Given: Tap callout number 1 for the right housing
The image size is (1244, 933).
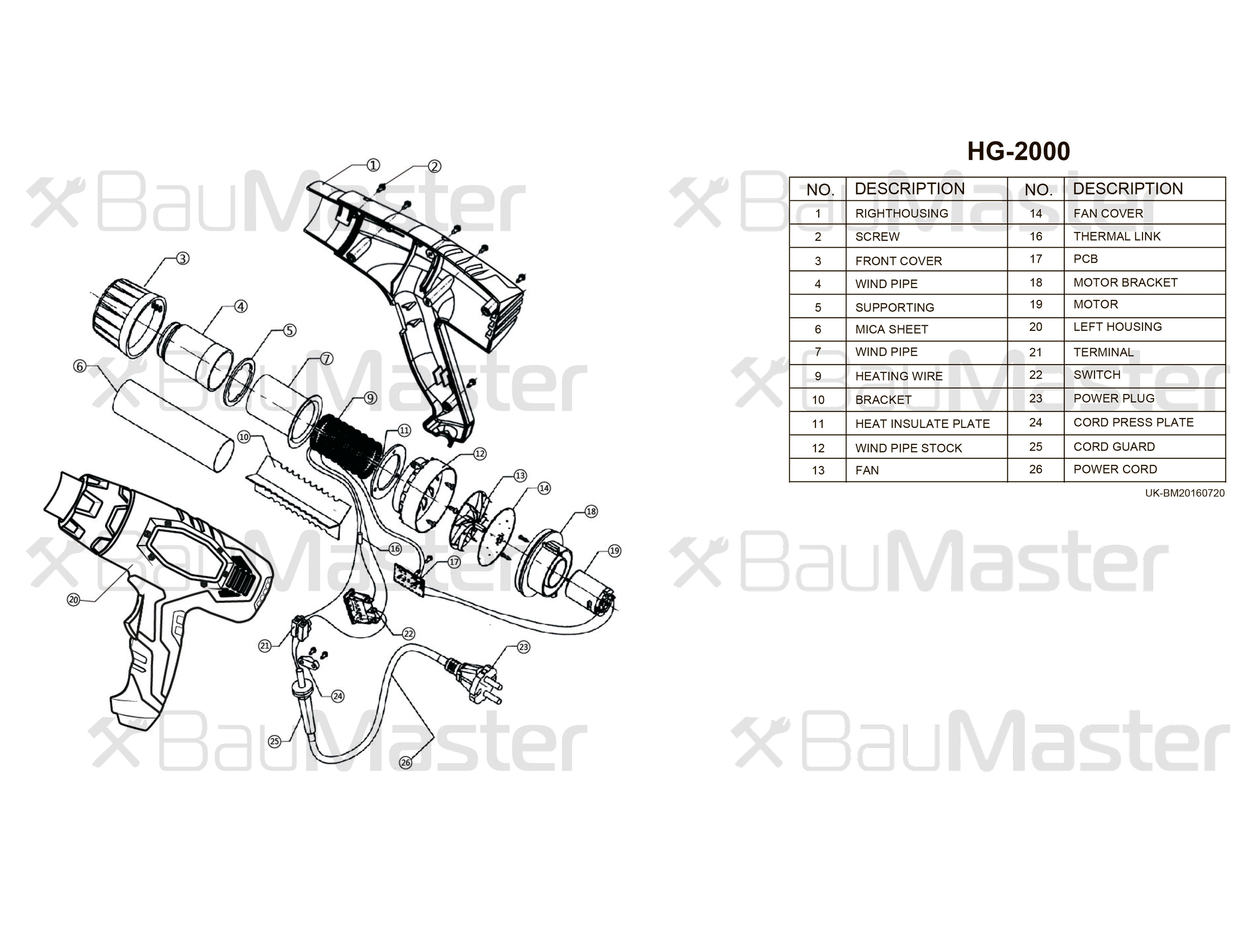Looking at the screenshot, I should pos(373,165).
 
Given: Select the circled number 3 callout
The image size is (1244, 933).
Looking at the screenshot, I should pos(183,259).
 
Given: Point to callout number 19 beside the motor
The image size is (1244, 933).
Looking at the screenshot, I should pos(614,551).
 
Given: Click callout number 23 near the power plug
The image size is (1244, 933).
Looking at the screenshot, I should pos(523,647).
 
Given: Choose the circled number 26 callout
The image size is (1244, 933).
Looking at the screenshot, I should pos(406,763).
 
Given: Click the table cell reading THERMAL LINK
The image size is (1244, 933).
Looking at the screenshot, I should pos(1116,237).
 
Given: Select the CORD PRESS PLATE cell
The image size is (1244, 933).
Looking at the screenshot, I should pos(1132,423).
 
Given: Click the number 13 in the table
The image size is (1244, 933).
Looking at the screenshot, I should pos(818,471).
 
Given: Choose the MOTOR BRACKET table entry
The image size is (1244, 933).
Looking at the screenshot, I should pos(1125,283).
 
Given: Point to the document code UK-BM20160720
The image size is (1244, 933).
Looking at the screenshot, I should pos(1184,493).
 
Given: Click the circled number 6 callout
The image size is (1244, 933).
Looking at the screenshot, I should pos(79,367).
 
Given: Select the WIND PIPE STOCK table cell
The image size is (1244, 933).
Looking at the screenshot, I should pos(908,448).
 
